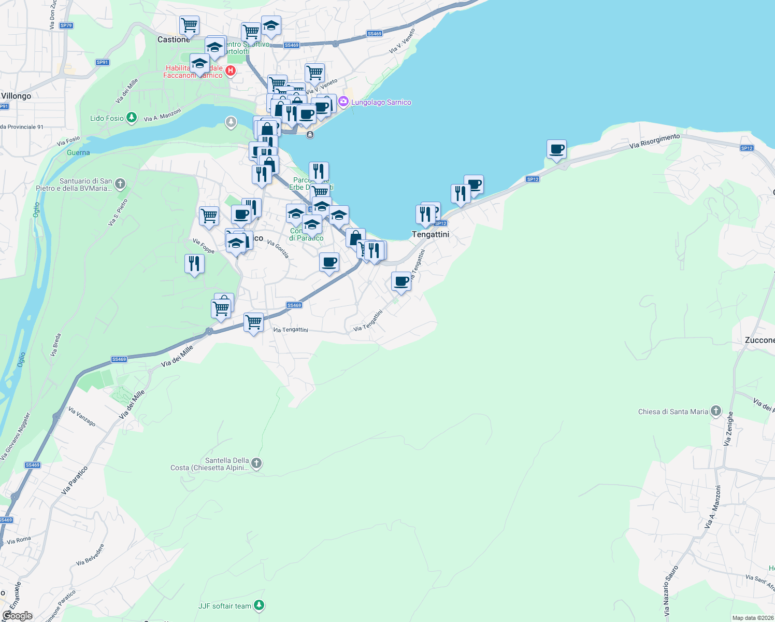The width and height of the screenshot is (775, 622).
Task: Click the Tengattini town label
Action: point(430,234)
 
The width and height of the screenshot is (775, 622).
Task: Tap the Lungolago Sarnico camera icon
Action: point(343,102)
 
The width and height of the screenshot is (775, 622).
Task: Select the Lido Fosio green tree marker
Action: point(132,118)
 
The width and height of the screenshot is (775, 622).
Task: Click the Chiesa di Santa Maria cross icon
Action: point(715,412)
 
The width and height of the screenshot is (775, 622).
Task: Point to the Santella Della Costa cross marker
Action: point(256,463)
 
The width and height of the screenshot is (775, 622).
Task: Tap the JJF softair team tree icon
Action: point(259,605)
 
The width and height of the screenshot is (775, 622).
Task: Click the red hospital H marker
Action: point(231,70)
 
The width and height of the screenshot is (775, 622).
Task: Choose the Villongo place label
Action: point(16,96)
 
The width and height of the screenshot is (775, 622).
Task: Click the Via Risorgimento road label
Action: point(654,141)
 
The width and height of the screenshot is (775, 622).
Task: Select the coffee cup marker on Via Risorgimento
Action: point(556,150)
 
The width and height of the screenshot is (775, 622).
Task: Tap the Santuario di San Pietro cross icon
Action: point(120,183)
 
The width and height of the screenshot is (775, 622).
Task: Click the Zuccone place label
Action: point(759,340)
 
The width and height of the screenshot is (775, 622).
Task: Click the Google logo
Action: point(17,615)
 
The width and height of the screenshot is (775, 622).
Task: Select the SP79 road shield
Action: point(66,25)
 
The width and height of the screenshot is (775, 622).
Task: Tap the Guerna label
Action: point(78,152)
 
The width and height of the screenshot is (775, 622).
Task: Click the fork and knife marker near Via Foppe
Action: point(194,264)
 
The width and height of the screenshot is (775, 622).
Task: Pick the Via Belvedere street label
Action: point(90,555)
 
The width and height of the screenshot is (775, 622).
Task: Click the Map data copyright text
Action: point(753,618)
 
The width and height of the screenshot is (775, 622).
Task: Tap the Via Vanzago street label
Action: point(82,417)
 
